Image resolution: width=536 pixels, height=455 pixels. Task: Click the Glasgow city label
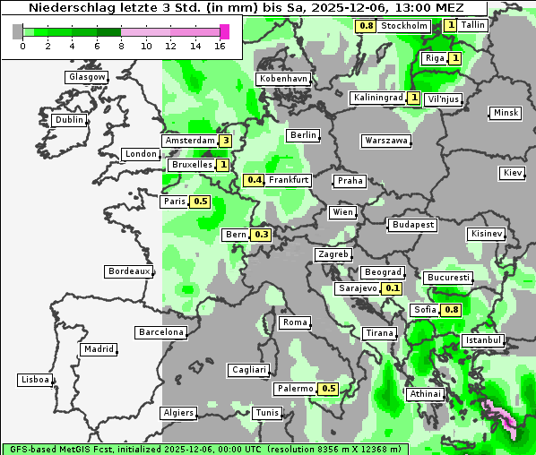[x=87, y=77]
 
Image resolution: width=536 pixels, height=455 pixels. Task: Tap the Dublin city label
[x=69, y=120]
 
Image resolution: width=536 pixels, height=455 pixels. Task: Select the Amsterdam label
[x=190, y=142]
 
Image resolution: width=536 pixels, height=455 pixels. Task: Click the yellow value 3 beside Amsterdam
[x=226, y=141]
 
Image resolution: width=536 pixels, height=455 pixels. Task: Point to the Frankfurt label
[x=289, y=180]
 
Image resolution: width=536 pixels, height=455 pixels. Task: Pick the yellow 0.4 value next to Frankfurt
[x=255, y=180]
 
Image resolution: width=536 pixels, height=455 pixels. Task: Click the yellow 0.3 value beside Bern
[x=262, y=235]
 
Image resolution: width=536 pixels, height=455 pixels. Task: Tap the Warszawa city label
[x=387, y=142]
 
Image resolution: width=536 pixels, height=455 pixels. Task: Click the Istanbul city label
[x=483, y=341]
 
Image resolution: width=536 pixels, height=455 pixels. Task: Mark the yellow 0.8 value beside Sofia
[x=452, y=310]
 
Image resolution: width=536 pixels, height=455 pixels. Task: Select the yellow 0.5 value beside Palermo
[x=329, y=389]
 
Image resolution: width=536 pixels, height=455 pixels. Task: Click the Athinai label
[x=425, y=394]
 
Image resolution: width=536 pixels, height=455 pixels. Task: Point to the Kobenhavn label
[x=283, y=79]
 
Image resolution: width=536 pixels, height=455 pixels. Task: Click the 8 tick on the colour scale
[x=121, y=45]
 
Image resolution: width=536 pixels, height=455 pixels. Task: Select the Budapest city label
[x=412, y=224]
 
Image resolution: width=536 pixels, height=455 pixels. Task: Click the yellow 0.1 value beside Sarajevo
[x=392, y=288]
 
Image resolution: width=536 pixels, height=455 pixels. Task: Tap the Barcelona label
[x=161, y=332]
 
